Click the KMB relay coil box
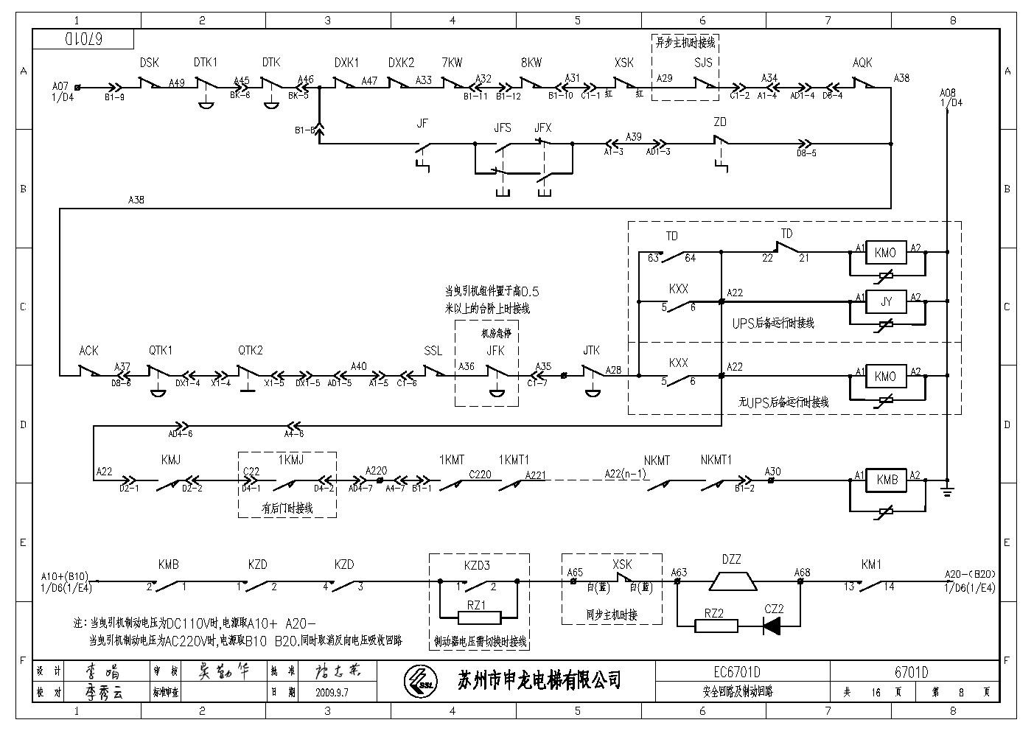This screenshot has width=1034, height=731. (x=887, y=480)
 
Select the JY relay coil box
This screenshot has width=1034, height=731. (x=887, y=301)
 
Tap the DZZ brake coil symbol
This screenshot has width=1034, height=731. (x=732, y=581)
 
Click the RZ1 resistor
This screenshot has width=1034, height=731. (x=477, y=618)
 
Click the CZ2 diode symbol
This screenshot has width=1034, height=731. (x=772, y=626)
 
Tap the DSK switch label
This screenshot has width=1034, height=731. (x=149, y=63)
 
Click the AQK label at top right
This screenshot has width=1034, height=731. (x=862, y=63)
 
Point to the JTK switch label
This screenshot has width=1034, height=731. (x=591, y=351)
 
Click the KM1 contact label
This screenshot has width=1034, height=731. (x=871, y=564)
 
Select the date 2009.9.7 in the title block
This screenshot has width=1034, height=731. (x=332, y=693)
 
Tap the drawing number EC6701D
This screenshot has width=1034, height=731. (x=737, y=672)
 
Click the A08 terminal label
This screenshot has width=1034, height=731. (x=948, y=93)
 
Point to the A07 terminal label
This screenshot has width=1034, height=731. (x=60, y=86)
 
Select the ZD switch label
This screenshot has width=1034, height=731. (x=720, y=122)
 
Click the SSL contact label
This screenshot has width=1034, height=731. (x=433, y=351)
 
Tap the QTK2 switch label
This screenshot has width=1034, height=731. (x=251, y=351)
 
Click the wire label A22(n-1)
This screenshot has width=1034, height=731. (x=626, y=473)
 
